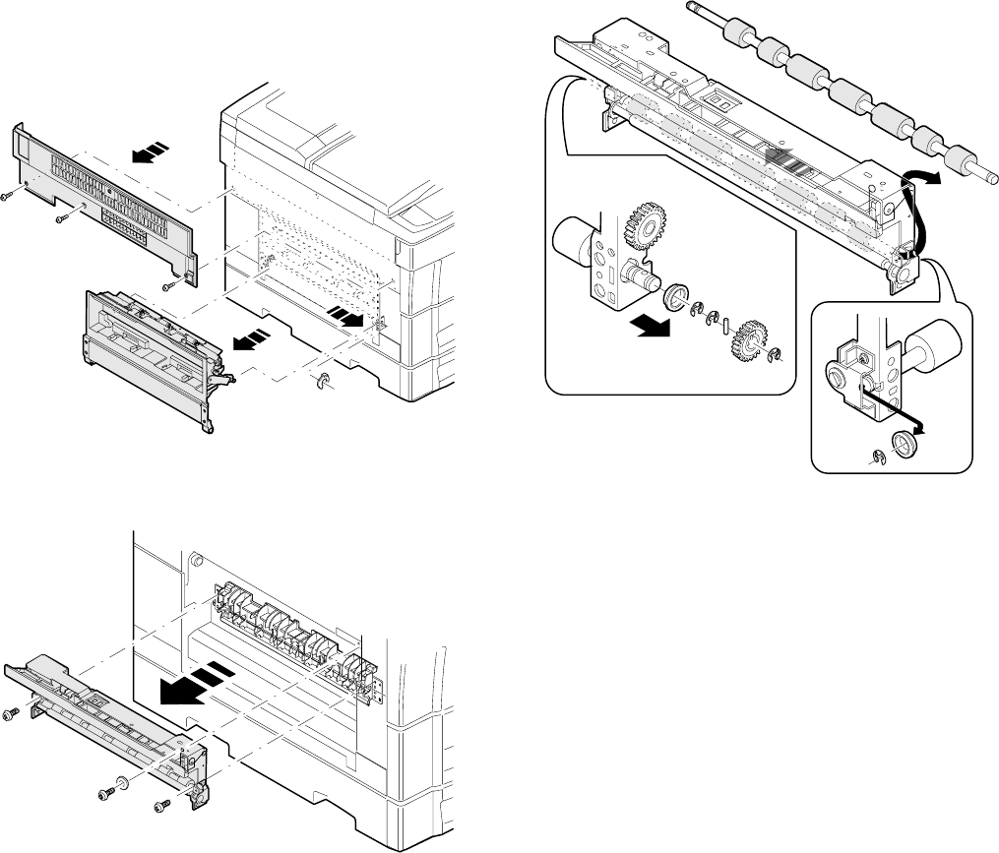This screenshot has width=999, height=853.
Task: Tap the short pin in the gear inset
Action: pyautogui.click(x=725, y=327)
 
